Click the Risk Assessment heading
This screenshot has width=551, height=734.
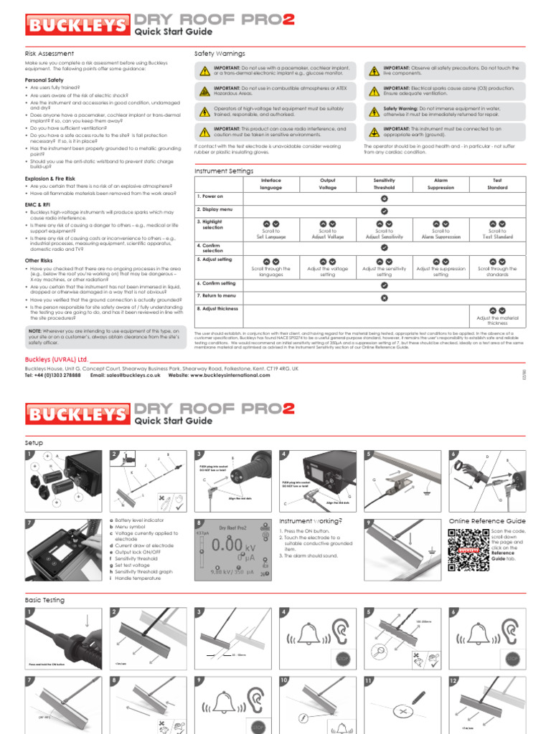point(50,54)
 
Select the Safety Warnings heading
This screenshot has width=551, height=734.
point(220,54)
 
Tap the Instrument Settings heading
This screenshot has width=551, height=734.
point(224,171)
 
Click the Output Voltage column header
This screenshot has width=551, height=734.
point(327,184)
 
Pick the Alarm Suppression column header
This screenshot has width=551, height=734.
point(441,184)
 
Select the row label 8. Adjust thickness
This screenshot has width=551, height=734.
point(218,308)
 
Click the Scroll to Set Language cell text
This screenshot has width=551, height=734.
point(271,234)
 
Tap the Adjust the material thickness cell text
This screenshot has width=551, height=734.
point(497,320)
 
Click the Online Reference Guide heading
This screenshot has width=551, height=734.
point(487,521)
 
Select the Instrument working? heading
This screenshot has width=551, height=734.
point(309,521)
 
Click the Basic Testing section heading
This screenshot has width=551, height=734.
point(44,600)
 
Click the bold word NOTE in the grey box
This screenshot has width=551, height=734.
point(34,330)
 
